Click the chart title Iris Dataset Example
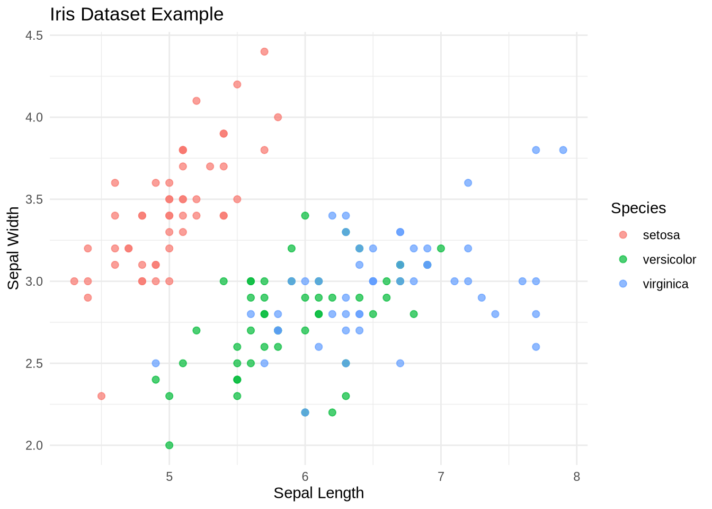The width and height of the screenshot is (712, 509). click(x=137, y=14)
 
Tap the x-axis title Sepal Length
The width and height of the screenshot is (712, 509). click(x=318, y=493)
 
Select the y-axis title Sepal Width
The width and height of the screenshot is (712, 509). click(x=14, y=248)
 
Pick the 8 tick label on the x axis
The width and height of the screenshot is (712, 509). click(x=576, y=477)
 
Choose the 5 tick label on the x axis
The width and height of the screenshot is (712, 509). click(x=170, y=477)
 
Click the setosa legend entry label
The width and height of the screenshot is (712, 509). click(x=661, y=235)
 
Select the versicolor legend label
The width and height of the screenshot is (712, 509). click(x=669, y=259)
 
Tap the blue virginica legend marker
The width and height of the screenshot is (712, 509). click(x=623, y=284)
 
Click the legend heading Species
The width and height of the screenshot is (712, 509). click(x=638, y=208)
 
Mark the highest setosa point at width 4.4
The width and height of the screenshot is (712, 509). click(x=264, y=51)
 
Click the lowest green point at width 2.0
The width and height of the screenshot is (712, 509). click(x=170, y=445)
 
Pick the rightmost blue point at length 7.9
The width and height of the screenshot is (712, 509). click(x=563, y=150)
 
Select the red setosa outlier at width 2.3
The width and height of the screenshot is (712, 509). click(x=101, y=396)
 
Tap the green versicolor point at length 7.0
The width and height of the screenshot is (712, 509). click(x=441, y=248)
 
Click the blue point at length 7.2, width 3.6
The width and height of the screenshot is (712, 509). click(x=468, y=183)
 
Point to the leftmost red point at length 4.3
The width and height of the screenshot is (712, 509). click(x=74, y=281)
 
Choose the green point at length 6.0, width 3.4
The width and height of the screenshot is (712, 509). click(x=305, y=215)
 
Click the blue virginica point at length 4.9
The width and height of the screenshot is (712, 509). click(x=156, y=363)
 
